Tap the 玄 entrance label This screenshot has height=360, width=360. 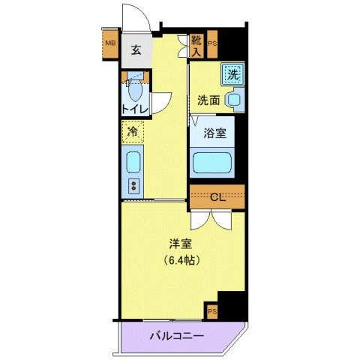tap(136, 50)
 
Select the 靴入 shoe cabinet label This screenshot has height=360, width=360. tap(196, 46)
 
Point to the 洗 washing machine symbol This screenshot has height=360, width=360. tap(233, 73)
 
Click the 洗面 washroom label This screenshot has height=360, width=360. tap(208, 100)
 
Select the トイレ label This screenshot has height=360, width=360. tap(136, 109)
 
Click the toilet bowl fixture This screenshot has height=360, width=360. tap(136, 91)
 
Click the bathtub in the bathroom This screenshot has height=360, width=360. tap(214, 162)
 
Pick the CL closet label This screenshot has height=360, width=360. tap(217, 198)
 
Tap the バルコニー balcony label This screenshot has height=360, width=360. tap(175, 335)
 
